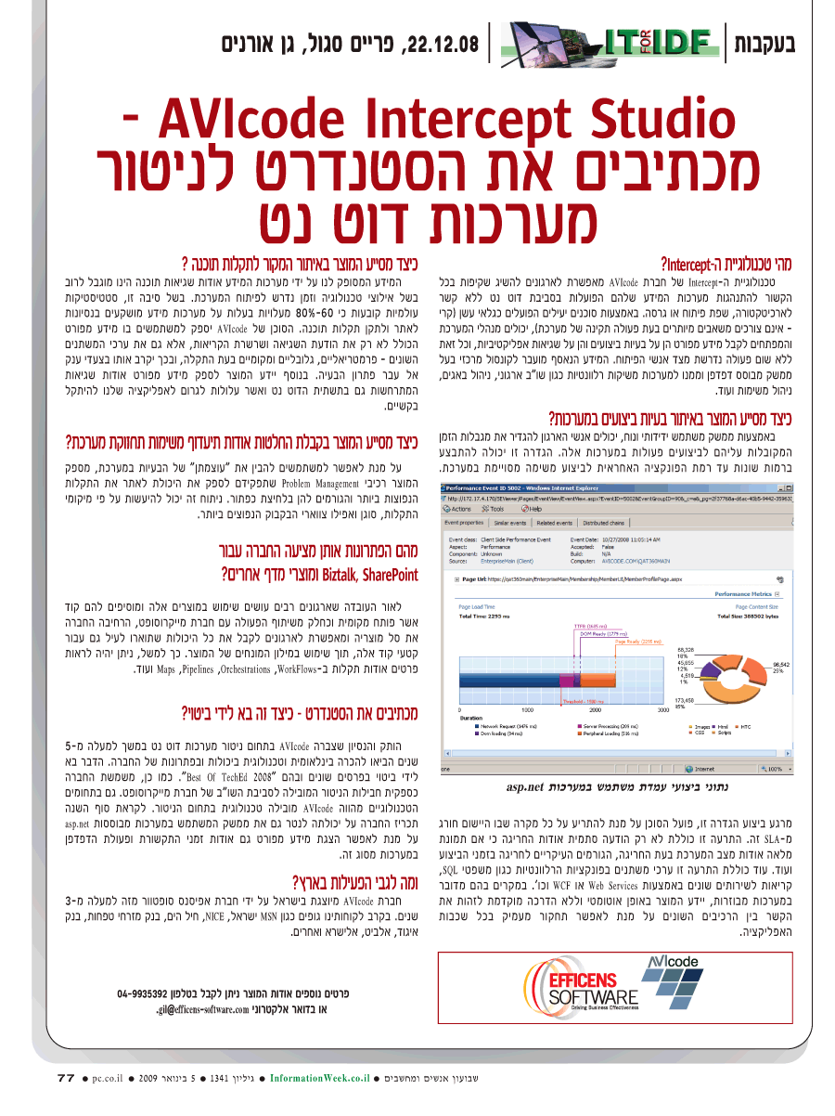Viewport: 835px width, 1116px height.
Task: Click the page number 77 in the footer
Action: tap(65, 1078)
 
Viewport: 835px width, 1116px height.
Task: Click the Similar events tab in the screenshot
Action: tap(511, 523)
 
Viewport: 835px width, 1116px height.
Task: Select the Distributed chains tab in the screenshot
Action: tap(604, 523)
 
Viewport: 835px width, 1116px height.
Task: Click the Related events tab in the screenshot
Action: tap(555, 523)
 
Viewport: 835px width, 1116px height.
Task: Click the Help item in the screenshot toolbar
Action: tap(533, 509)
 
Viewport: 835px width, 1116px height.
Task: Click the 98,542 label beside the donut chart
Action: tap(783, 665)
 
